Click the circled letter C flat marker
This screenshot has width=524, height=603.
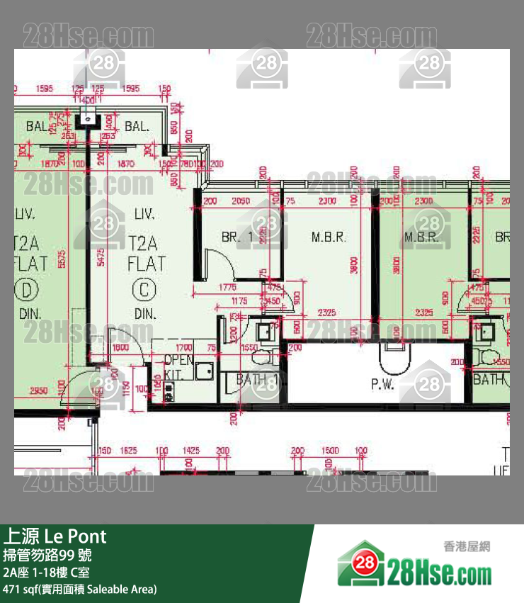(145, 289)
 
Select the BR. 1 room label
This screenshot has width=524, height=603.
(238, 238)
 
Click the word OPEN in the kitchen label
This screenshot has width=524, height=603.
(178, 360)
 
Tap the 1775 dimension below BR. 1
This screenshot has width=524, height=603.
(227, 287)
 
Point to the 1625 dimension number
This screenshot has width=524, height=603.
(128, 451)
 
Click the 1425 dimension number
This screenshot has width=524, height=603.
(191, 451)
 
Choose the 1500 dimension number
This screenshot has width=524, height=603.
(330, 451)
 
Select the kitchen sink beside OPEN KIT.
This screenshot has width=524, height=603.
(205, 371)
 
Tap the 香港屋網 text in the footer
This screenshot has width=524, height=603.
(467, 546)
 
